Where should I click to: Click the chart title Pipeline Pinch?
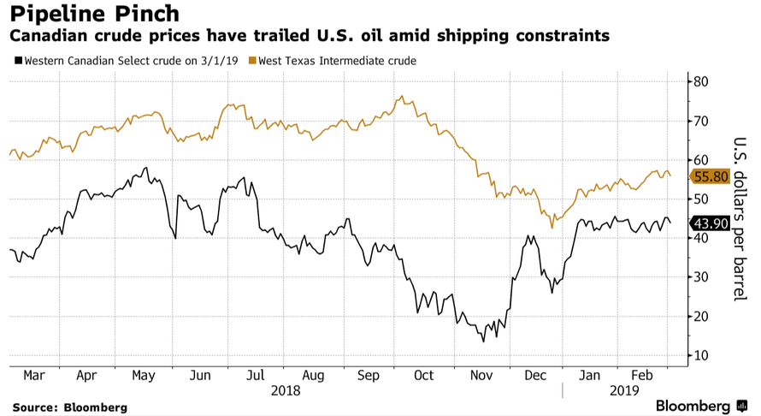tap(94, 14)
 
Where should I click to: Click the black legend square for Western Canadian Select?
tap(19, 61)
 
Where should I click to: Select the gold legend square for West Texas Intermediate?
tap(251, 61)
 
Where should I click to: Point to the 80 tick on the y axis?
tap(702, 82)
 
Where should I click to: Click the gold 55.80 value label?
tap(711, 175)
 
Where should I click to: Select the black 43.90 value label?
tap(711, 223)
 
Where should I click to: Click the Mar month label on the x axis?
tap(34, 375)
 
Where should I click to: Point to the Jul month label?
tap(255, 375)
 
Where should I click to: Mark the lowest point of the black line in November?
tap(483, 342)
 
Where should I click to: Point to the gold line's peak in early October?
tap(402, 96)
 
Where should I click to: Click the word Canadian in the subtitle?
tap(50, 36)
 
